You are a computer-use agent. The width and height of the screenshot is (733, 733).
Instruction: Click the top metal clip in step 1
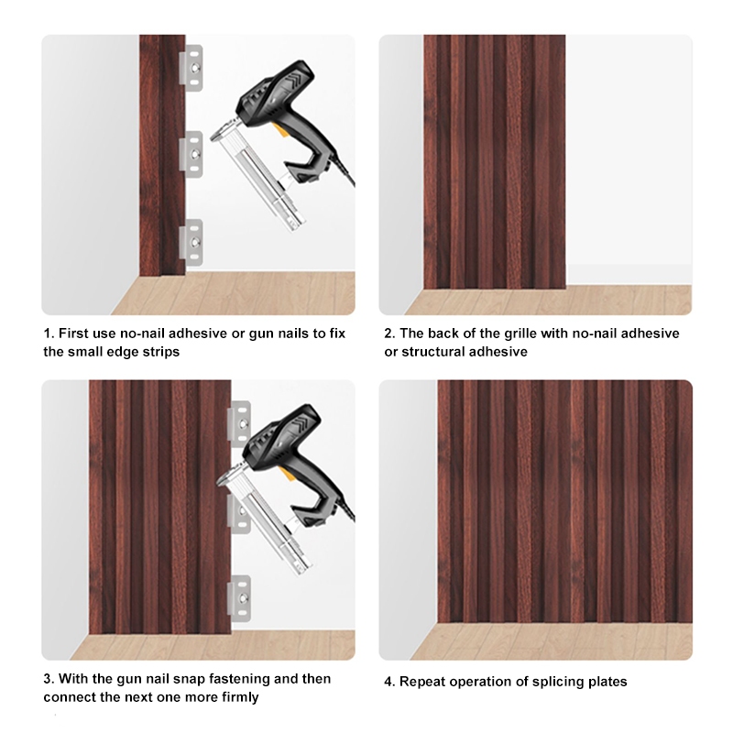coord(191,68)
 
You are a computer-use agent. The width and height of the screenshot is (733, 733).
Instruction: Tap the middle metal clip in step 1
coord(191,154)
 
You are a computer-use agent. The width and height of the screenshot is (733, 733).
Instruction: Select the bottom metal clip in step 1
coord(191,242)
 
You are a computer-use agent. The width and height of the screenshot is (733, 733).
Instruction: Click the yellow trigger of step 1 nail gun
coord(279,129)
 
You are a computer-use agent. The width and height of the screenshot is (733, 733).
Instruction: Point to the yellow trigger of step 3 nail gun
coord(289,475)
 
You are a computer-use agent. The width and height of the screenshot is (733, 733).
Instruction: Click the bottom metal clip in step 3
coord(240,599)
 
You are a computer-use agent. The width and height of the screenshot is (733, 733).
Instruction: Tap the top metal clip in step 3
coord(240,422)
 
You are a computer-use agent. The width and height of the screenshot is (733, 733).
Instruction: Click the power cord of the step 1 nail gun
coord(345,170)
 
